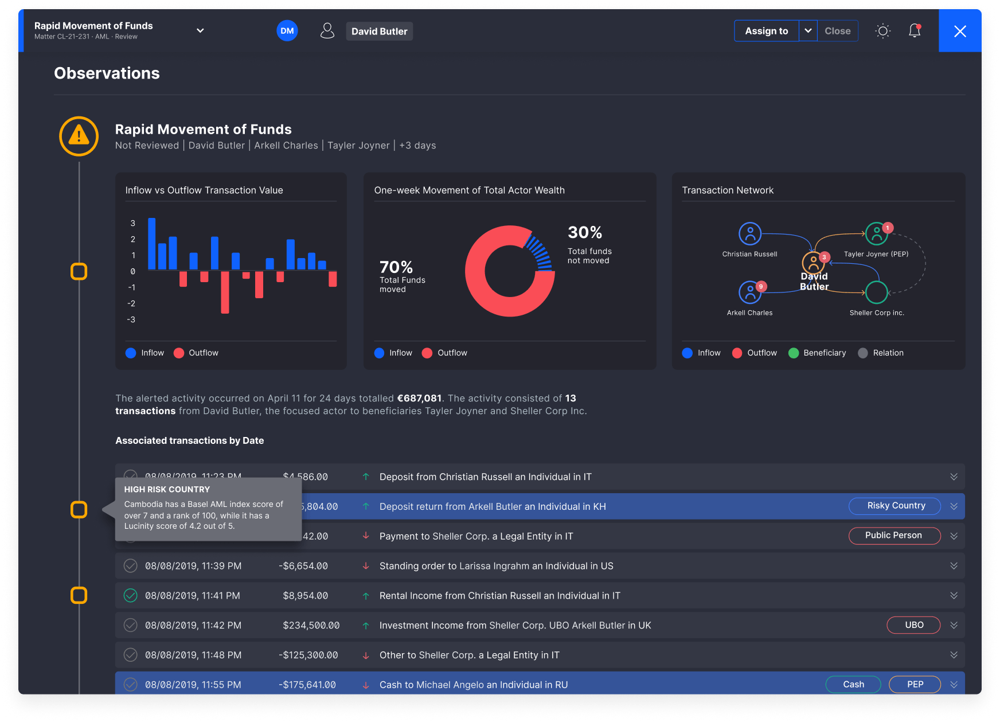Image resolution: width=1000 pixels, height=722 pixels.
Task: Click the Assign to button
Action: (x=766, y=31)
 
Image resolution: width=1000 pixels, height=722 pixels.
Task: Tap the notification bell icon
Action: (x=915, y=31)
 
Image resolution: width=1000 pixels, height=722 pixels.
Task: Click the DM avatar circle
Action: (x=287, y=31)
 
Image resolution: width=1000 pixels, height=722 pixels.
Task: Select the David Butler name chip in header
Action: (x=379, y=32)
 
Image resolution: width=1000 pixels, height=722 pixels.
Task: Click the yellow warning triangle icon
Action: (x=79, y=136)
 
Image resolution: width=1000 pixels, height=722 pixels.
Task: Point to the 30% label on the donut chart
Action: (x=585, y=232)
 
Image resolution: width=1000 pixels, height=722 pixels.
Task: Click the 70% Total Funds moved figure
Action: (x=396, y=267)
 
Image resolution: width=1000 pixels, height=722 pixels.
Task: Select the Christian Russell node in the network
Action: (x=749, y=234)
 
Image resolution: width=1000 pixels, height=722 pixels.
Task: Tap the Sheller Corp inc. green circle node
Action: (x=876, y=292)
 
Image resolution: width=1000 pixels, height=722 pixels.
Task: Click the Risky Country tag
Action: (x=895, y=506)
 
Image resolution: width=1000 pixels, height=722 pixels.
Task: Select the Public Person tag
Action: (x=894, y=536)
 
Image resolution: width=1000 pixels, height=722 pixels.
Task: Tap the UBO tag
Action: (x=913, y=625)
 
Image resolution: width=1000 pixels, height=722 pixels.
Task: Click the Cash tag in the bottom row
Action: (x=853, y=684)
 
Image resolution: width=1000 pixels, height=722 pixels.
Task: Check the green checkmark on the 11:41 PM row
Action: (x=131, y=595)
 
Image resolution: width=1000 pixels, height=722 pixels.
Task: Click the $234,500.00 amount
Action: (x=311, y=625)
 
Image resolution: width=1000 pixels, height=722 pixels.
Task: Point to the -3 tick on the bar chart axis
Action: (x=131, y=319)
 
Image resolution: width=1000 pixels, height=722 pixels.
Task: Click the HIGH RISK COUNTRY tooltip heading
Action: (x=167, y=489)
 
